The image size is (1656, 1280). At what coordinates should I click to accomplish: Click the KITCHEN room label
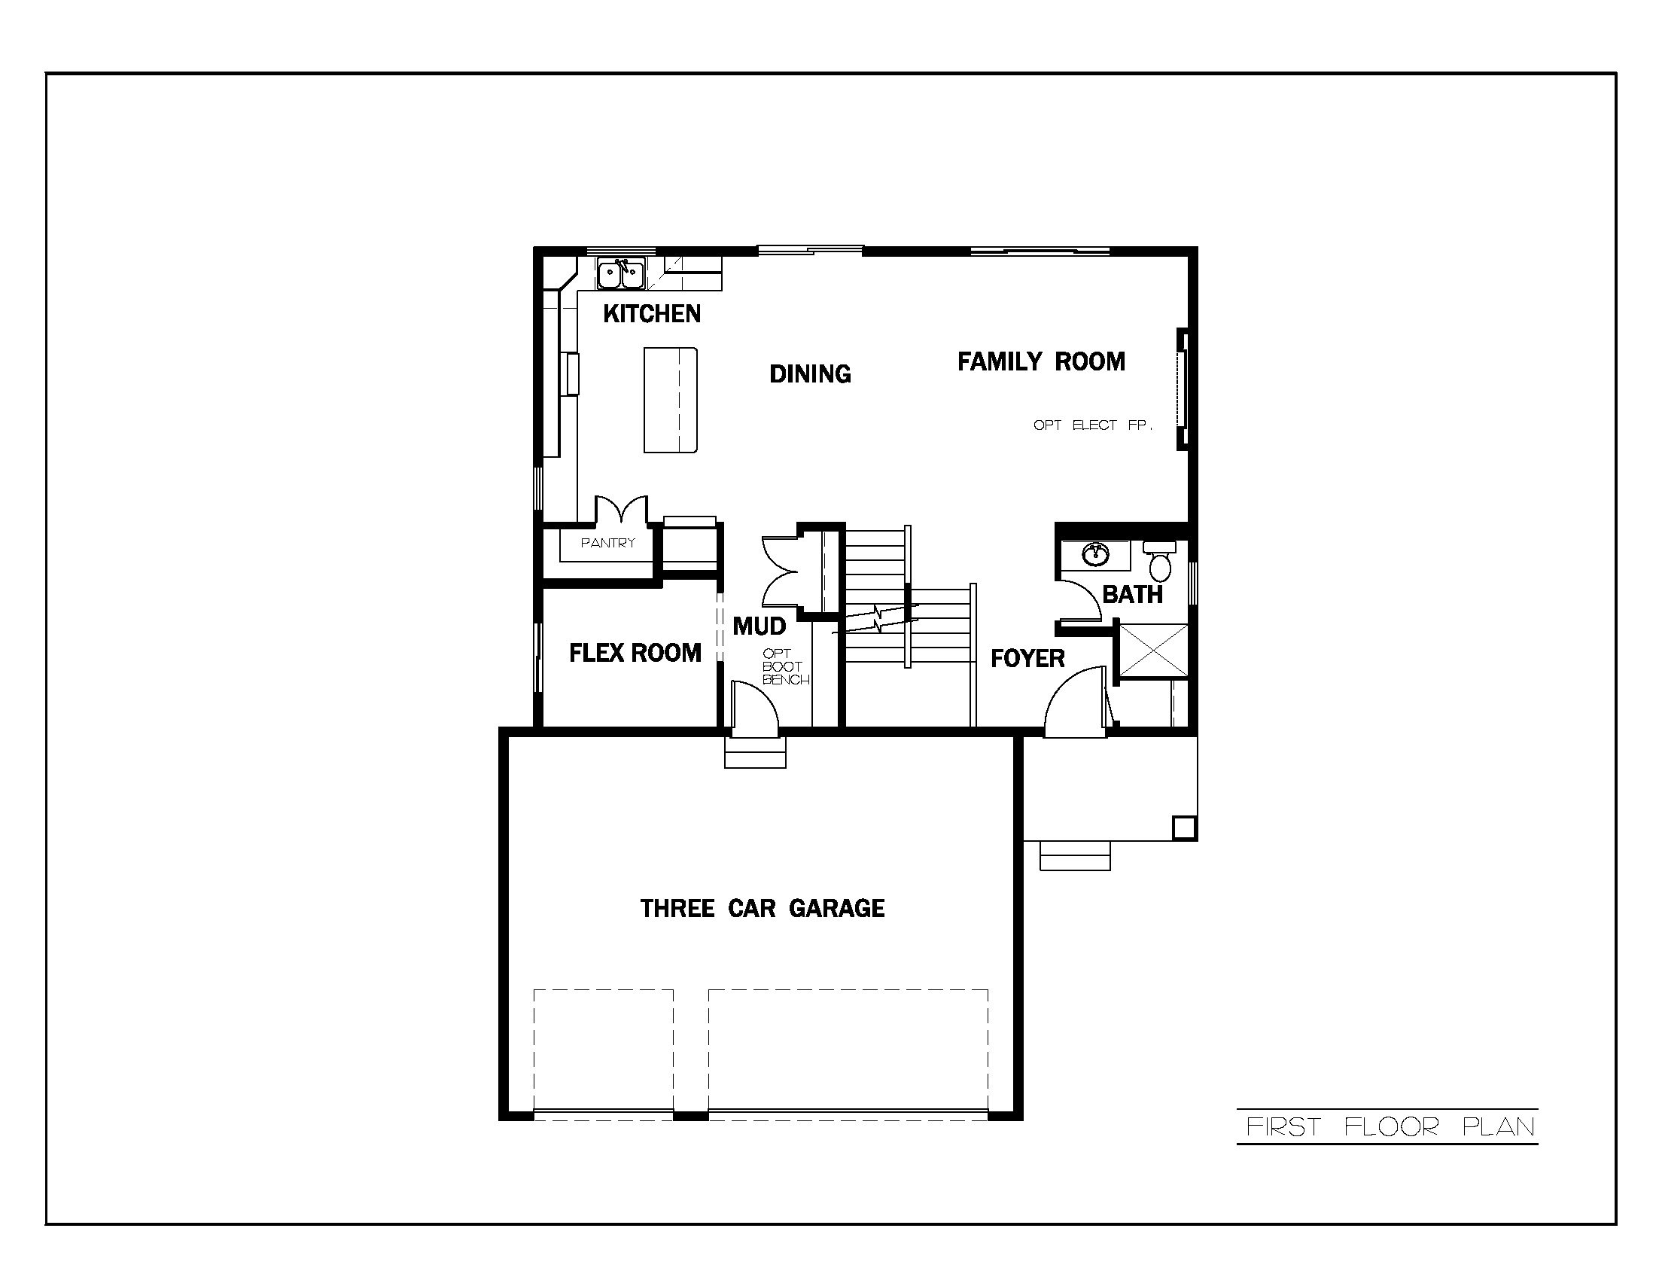pos(651,313)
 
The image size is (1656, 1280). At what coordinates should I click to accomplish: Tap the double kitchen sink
pos(620,274)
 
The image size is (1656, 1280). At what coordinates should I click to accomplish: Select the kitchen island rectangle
pos(670,400)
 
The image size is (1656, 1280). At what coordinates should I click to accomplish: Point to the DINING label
pos(810,374)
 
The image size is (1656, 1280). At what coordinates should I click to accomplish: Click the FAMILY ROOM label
pos(1040,361)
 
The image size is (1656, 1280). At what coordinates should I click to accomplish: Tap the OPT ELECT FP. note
pos(1092,425)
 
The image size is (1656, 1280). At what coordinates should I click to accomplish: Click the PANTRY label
pos(607,543)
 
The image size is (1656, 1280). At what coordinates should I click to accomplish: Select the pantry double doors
pos(621,510)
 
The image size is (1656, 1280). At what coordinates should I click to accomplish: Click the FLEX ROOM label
pos(635,653)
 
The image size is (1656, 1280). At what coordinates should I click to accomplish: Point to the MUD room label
pos(759,626)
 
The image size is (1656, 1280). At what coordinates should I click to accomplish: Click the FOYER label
pos(1027,658)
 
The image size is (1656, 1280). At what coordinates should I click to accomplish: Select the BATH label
pos(1132,595)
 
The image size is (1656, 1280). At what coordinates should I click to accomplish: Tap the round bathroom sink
pos(1094,554)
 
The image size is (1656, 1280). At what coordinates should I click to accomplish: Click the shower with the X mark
pos(1152,649)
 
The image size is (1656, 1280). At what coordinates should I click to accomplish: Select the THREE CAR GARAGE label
pos(762,909)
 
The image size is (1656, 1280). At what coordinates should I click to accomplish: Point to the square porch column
pos(1183,827)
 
